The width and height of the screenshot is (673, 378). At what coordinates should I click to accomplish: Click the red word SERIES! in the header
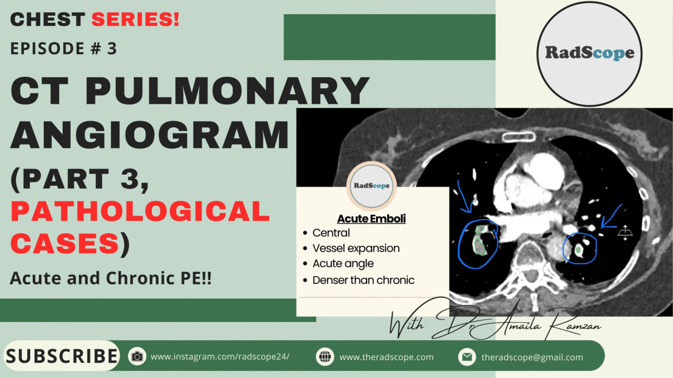pyautogui.click(x=135, y=19)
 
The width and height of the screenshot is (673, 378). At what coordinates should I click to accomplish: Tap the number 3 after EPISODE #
pyautogui.click(x=112, y=49)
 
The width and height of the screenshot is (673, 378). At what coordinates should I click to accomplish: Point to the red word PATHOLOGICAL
pyautogui.click(x=140, y=211)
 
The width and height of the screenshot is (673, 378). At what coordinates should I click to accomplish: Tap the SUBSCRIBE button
pyautogui.click(x=61, y=356)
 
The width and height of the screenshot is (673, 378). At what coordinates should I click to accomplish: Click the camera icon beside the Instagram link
pyautogui.click(x=137, y=356)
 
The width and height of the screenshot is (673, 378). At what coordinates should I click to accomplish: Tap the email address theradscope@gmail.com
pyautogui.click(x=532, y=357)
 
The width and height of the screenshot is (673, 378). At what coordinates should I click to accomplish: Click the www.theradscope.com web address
pyautogui.click(x=386, y=357)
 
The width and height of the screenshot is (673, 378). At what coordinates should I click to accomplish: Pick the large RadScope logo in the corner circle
pyautogui.click(x=589, y=54)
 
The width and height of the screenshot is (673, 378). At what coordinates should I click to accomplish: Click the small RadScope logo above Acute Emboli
pyautogui.click(x=371, y=186)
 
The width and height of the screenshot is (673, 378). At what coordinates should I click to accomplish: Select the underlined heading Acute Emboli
pyautogui.click(x=371, y=219)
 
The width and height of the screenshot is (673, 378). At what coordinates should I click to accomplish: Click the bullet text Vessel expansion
pyautogui.click(x=356, y=248)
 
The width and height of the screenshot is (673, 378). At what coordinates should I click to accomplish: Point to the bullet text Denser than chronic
pyautogui.click(x=364, y=280)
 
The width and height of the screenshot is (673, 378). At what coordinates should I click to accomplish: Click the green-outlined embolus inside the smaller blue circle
pyautogui.click(x=578, y=250)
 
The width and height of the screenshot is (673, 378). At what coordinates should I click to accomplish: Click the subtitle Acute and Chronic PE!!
pyautogui.click(x=111, y=278)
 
